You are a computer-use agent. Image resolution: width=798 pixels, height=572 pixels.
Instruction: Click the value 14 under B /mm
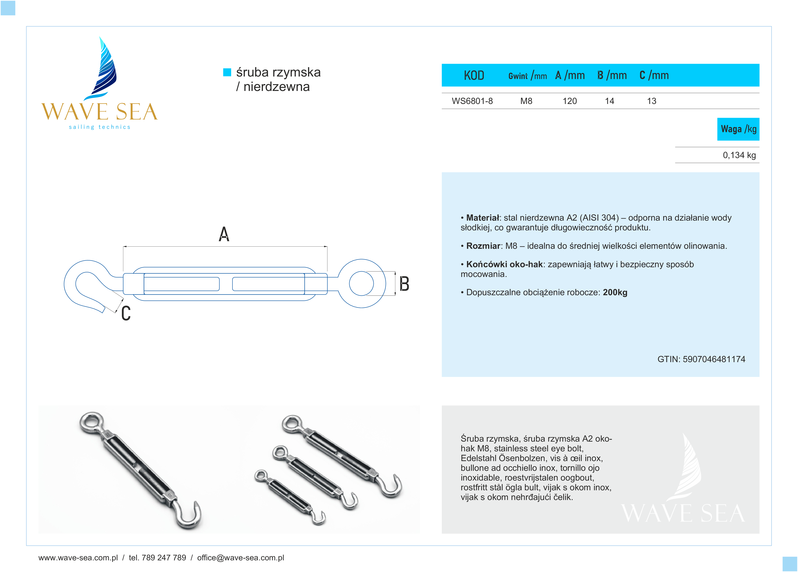pyautogui.click(x=609, y=101)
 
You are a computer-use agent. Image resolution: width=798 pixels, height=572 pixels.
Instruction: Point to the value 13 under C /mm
pyautogui.click(x=651, y=101)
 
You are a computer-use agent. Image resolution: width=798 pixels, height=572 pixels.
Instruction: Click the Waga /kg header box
pyautogui.click(x=738, y=129)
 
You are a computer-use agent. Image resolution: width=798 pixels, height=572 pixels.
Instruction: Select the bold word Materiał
pyautogui.click(x=482, y=218)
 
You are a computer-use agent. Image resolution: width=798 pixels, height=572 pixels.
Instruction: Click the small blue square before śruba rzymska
pyautogui.click(x=227, y=72)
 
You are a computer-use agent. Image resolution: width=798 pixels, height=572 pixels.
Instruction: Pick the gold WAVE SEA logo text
pyautogui.click(x=99, y=112)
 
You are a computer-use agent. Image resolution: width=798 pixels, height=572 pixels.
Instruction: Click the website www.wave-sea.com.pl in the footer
pyautogui.click(x=78, y=558)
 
